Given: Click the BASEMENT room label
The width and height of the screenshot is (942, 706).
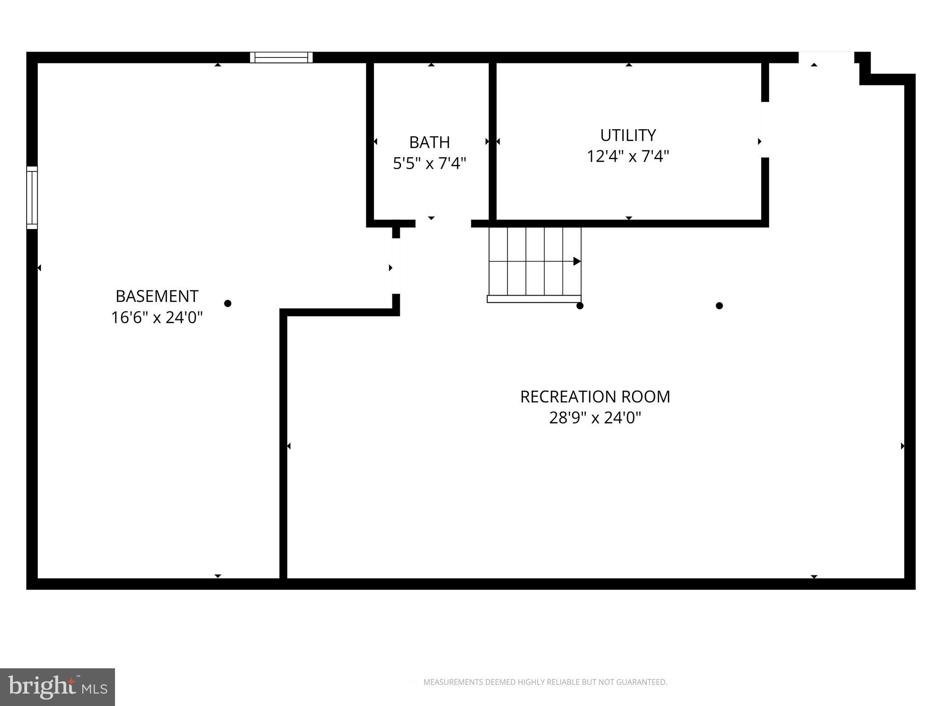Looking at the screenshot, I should coord(157,296).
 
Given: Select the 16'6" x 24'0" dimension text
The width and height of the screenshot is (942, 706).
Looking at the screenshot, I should coord(157,318).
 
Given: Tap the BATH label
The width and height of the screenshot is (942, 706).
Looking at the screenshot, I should coord(429,142).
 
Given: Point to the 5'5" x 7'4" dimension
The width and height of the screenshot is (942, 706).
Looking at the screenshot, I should coord(429,164).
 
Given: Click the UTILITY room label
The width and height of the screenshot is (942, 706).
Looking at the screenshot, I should coord(628,136).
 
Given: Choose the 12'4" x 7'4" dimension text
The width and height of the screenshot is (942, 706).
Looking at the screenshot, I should coord(628,157).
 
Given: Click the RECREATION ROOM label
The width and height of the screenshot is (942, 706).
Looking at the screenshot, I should coord(595,397).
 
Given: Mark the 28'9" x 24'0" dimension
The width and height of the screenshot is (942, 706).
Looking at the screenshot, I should coord(595,418).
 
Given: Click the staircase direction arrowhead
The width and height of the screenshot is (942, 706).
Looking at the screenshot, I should coord(577,262).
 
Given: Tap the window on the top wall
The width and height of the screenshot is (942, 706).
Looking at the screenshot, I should coord(281,57).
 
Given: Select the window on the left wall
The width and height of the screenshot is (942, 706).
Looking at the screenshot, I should coord(32,198).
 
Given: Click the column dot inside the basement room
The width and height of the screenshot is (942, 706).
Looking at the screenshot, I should coord(228,303).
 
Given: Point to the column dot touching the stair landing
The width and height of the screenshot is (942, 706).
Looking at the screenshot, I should coord(580,306).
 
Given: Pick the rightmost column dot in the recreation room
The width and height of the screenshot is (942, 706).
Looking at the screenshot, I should coord(719,306).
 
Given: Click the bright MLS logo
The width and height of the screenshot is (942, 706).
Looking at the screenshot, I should coord(57,687).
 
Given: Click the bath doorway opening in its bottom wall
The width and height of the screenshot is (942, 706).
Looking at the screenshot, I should coord(443,223).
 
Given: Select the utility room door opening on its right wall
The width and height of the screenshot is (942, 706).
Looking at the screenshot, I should coord(765,130).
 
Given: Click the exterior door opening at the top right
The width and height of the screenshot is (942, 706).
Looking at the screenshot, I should coord(826,57).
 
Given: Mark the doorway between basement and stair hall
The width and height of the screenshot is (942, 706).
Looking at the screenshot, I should coord(396,266).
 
